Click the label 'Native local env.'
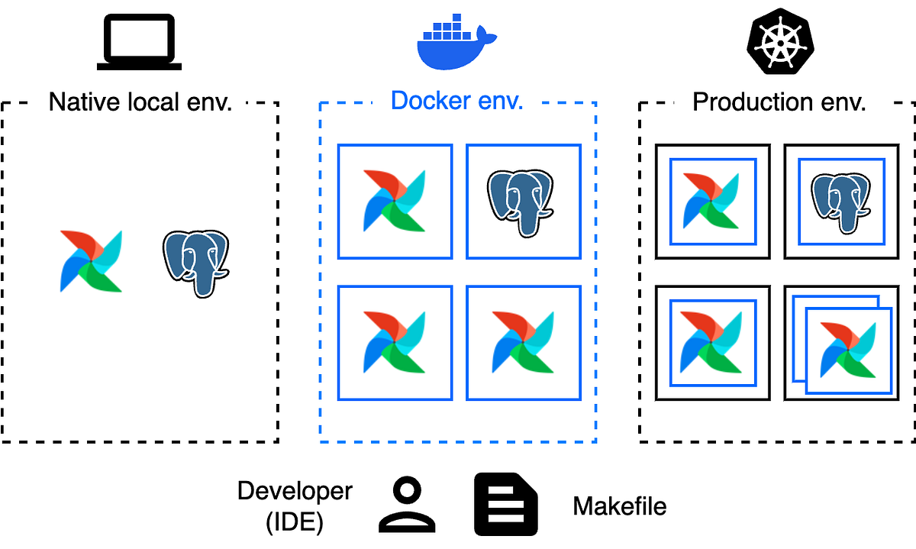point(140,102)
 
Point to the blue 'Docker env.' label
point(456,100)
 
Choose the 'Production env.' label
point(779,102)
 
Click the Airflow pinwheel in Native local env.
point(91,261)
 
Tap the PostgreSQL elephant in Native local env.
point(196,263)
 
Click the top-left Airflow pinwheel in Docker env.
point(395,202)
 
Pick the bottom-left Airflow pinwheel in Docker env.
point(395,343)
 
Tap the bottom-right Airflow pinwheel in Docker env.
point(523,343)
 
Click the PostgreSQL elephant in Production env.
point(840,202)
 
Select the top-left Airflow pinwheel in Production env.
point(712,202)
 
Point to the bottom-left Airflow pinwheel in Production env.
point(712,343)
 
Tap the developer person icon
point(408,505)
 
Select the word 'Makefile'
point(619,506)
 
